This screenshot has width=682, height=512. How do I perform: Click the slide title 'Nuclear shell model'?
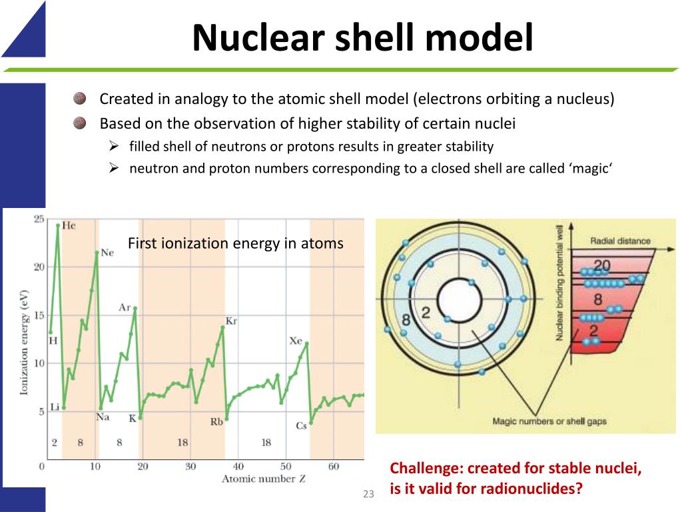(362, 37)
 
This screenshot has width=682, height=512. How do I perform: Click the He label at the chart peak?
(69, 225)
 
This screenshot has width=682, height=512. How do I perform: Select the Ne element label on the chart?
(107, 253)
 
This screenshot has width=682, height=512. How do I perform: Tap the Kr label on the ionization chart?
(232, 321)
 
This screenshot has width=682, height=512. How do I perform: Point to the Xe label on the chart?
(296, 341)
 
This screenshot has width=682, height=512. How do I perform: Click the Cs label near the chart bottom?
(301, 426)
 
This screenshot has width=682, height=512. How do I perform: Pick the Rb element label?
(216, 422)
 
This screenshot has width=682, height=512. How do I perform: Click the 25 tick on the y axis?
(39, 219)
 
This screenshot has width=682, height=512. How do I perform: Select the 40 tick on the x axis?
(238, 467)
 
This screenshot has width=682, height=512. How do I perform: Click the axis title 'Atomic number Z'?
(258, 479)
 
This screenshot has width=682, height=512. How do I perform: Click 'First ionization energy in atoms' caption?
(235, 243)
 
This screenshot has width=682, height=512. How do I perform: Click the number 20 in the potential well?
(601, 266)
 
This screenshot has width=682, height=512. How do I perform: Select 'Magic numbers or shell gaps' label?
(549, 421)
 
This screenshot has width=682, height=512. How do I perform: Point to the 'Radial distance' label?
(620, 241)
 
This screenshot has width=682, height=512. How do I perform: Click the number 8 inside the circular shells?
(406, 319)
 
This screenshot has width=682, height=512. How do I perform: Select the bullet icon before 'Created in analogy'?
(79, 99)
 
